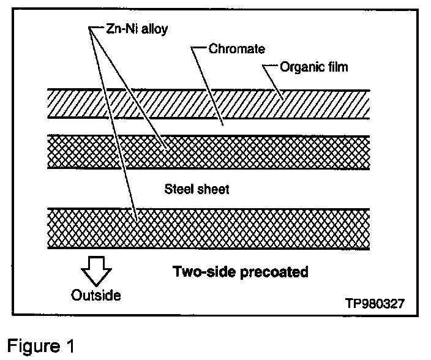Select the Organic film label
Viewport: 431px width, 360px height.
[313, 66]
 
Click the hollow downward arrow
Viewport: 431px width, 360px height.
[95, 268]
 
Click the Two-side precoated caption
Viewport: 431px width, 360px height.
[240, 272]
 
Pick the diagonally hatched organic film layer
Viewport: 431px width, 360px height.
[208, 105]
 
